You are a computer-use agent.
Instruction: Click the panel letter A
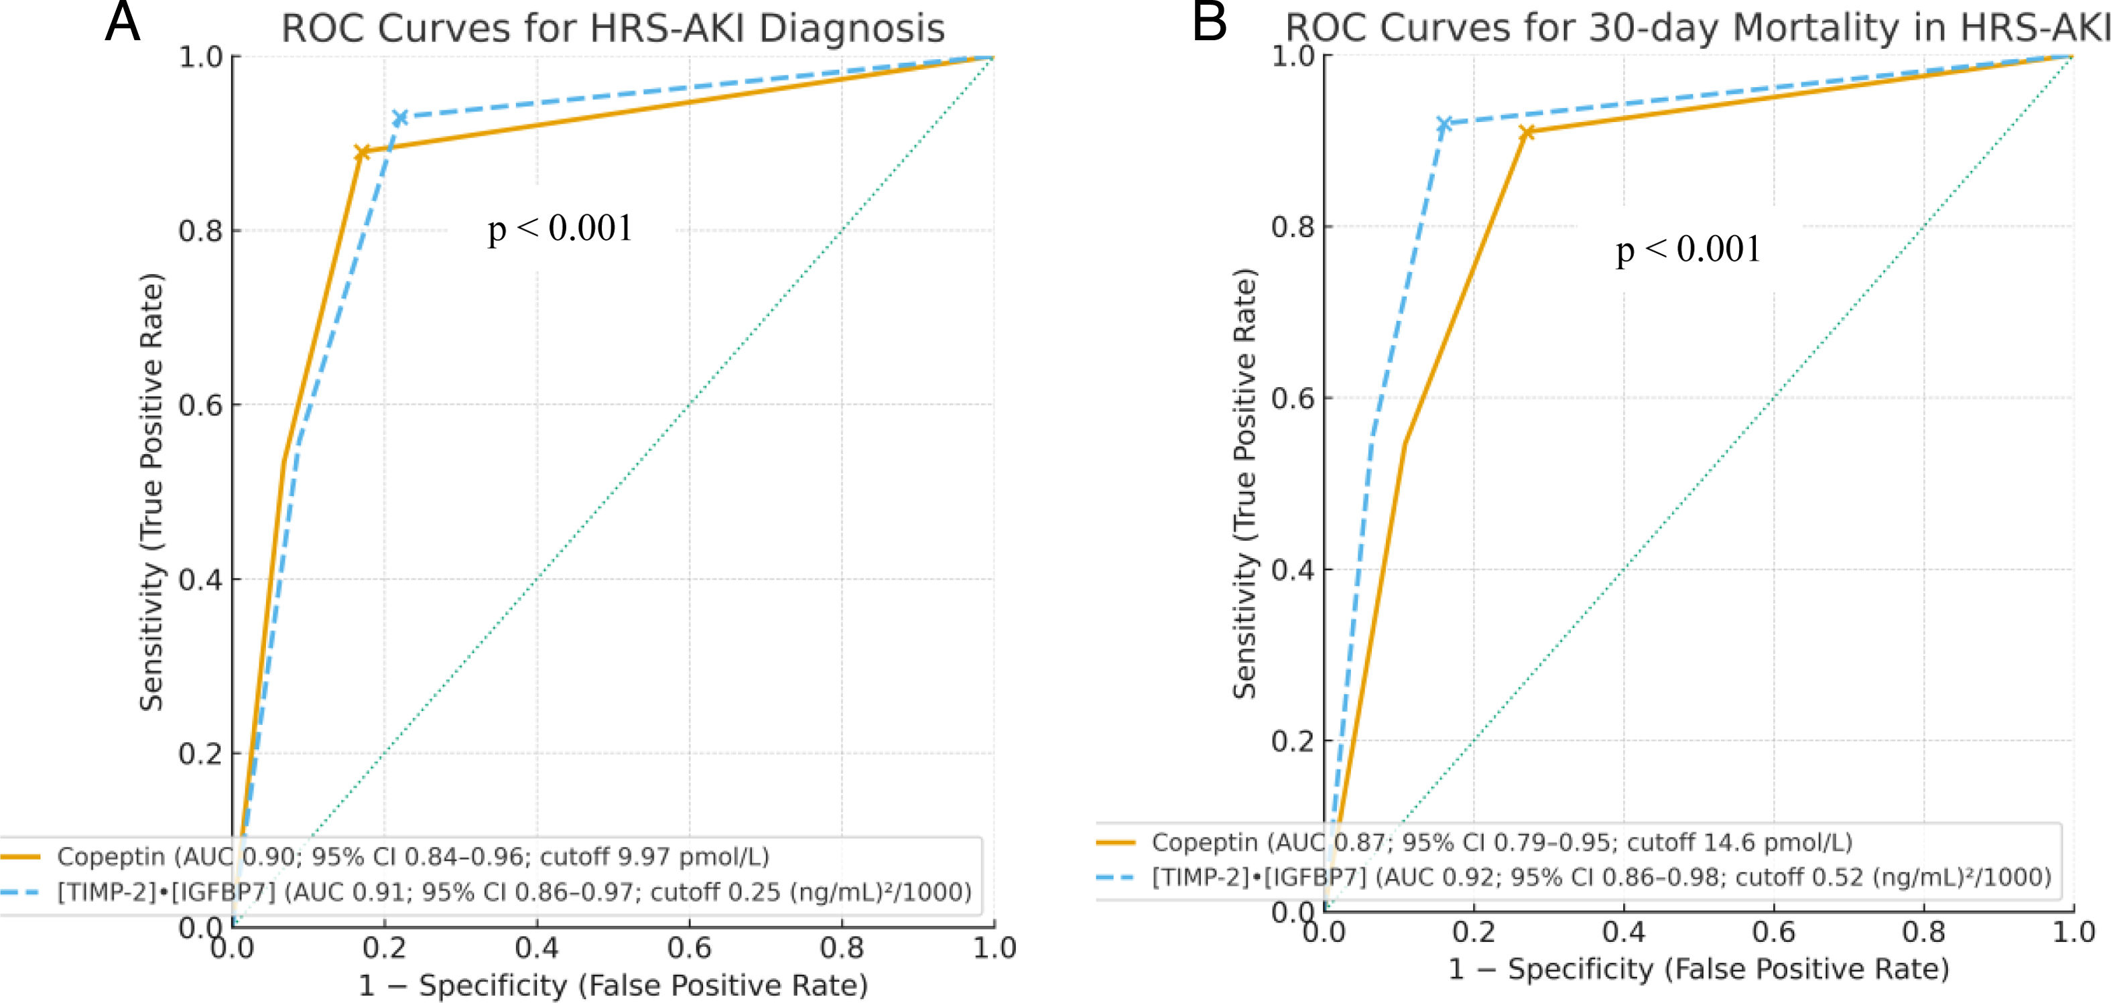pos(122,22)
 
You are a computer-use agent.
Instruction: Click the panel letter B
pos(1210,22)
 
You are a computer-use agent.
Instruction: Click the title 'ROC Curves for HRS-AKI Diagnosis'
pos(613,28)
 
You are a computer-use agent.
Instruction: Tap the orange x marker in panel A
pos(361,152)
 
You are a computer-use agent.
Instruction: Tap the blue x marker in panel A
pos(400,118)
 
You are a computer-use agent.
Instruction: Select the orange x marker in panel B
pos(1526,133)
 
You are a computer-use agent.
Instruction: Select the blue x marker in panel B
pos(1444,124)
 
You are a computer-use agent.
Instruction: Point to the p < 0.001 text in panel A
pos(560,228)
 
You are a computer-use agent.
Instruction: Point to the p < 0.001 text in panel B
pos(1688,249)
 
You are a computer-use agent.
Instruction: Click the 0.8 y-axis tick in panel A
pos(201,231)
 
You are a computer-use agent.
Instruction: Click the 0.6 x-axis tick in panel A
pos(689,948)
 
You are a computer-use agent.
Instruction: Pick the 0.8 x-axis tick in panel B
pos(1923,932)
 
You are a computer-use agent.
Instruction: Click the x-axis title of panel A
pos(613,985)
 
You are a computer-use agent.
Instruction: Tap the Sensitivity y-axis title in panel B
pos(1244,484)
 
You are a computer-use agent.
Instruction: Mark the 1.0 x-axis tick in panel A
pos(994,948)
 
